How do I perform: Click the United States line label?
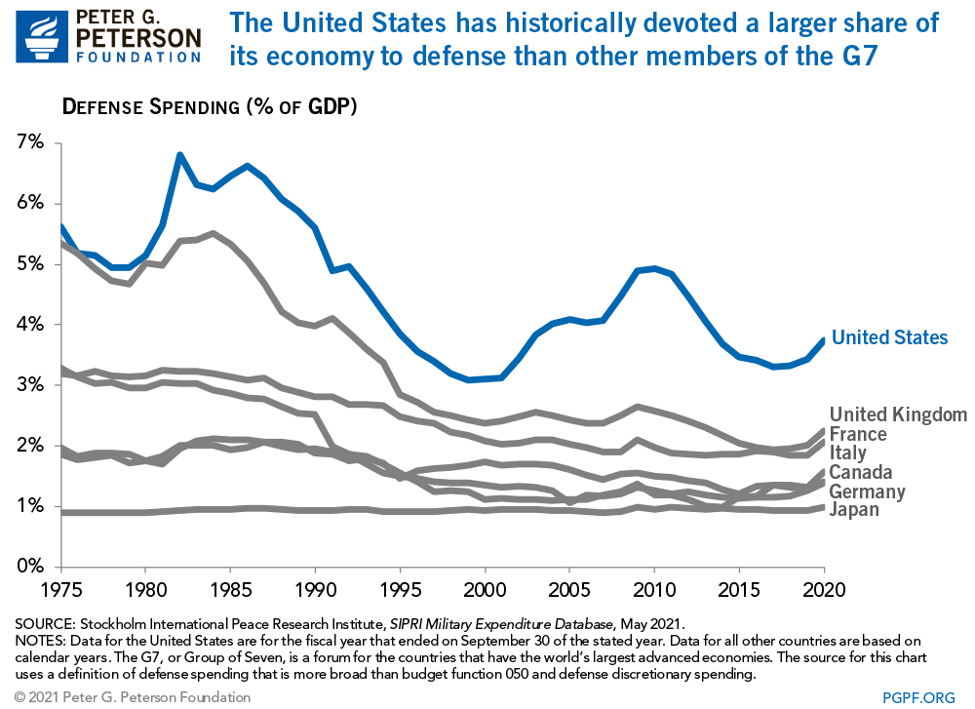tap(889, 337)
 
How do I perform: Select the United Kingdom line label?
tap(898, 414)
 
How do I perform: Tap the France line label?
tap(858, 434)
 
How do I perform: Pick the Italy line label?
tap(847, 453)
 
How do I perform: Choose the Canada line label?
tap(861, 473)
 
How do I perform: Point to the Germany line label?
tap(868, 492)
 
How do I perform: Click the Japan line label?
tap(854, 509)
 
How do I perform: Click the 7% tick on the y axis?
tap(30, 143)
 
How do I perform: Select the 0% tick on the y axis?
tap(30, 567)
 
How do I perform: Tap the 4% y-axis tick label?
tap(30, 325)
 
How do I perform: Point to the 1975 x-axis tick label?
tap(60, 592)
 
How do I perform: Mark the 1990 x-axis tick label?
tap(313, 592)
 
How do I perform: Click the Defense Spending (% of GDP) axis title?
tap(210, 106)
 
